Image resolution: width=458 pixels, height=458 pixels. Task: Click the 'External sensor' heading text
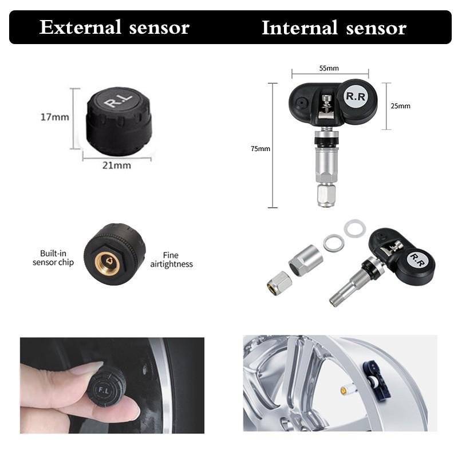click(114, 27)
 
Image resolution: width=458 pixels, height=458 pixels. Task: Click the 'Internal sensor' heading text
click(334, 27)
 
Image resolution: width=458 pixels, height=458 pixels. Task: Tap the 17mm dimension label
click(55, 117)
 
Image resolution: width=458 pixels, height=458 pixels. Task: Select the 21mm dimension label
click(117, 165)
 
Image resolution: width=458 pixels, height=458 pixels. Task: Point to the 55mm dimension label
click(329, 68)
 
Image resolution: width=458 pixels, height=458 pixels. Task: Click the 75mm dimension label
click(260, 149)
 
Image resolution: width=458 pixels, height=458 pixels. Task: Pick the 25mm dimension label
click(400, 106)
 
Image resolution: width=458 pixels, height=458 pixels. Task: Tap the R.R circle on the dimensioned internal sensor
click(355, 96)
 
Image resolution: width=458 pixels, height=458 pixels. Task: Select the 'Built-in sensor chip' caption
click(55, 258)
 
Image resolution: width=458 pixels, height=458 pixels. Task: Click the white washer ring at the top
click(354, 228)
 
